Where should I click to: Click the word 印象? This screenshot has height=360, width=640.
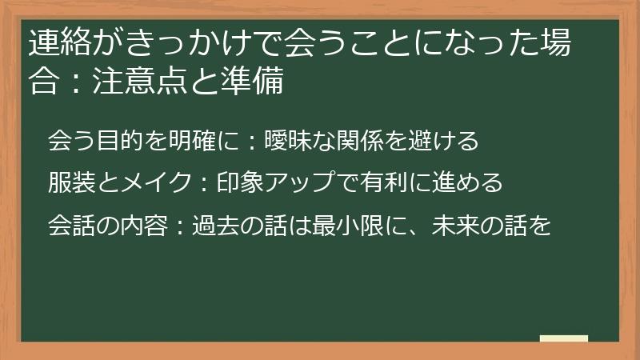tap(238, 183)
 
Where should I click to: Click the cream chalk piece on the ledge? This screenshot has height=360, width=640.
tap(564, 338)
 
